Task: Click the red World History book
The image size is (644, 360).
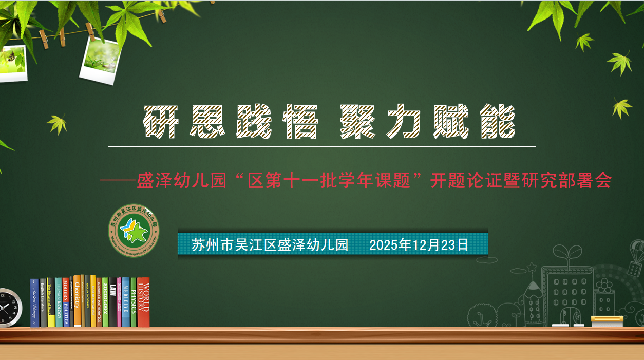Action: tap(143, 303)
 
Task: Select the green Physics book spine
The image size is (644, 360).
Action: tap(133, 303)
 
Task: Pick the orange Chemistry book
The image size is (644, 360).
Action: tap(77, 302)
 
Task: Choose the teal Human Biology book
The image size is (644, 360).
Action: tap(59, 303)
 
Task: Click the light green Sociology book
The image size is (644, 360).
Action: tap(105, 303)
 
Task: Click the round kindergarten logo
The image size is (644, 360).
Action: tap(134, 231)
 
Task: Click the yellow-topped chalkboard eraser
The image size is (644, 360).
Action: tap(607, 321)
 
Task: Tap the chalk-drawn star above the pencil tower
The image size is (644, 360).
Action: tap(532, 267)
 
